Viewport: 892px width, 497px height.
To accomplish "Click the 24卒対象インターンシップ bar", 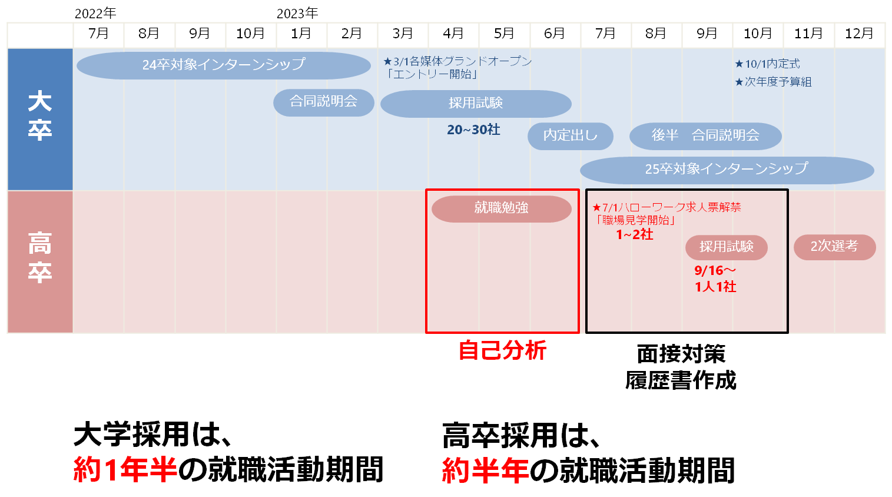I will coord(224,65).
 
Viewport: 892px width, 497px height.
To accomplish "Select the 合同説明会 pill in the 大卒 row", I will coord(323,102).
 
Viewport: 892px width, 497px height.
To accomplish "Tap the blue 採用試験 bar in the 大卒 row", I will coord(476,103).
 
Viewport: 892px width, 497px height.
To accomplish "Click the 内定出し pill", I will coord(570,135).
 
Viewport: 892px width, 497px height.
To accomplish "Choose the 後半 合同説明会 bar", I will coord(705,135).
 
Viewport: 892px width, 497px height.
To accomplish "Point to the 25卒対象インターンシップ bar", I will coord(727,170).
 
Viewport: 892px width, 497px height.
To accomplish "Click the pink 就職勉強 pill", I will coord(501,208).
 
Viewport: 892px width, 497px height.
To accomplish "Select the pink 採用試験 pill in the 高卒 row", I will coord(726,247).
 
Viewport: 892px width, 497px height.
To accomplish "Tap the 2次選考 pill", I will coord(834,246).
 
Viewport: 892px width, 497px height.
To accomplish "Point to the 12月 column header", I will coord(859,34).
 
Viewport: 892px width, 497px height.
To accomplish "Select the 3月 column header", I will coord(403,34).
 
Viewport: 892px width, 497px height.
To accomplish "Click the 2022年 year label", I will coord(95,13).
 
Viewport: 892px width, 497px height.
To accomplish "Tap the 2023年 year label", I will coord(297,13).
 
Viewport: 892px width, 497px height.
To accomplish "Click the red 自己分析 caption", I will coord(502,350).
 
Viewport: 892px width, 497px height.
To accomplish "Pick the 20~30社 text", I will coord(473,130).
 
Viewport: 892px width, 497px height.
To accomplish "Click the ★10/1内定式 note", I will coord(767,64).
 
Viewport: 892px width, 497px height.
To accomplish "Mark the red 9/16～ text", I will coord(715,270).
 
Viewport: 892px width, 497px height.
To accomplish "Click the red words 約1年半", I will coord(125,469).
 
